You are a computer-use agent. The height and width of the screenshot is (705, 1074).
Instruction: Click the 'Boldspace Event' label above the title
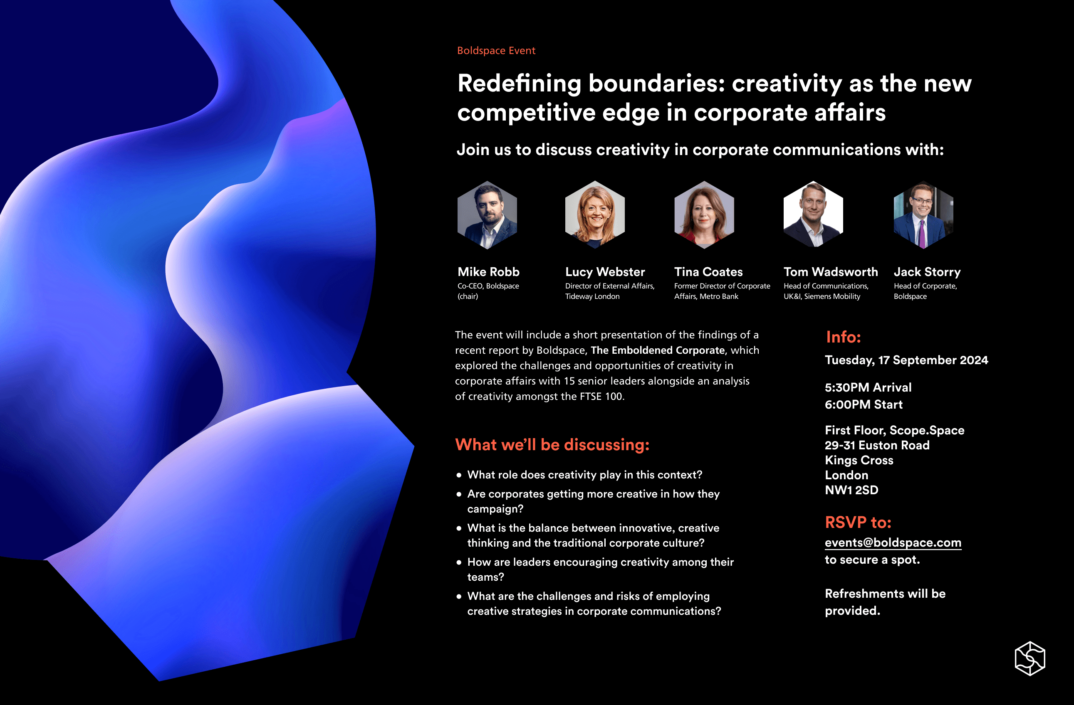pyautogui.click(x=496, y=51)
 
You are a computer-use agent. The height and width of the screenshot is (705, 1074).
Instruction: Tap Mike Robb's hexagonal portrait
pyautogui.click(x=487, y=215)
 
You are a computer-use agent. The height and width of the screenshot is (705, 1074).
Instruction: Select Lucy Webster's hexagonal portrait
pyautogui.click(x=595, y=215)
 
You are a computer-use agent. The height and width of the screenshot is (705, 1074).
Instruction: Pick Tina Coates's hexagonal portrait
pyautogui.click(x=704, y=215)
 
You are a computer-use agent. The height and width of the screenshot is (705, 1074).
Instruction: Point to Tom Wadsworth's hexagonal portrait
pyautogui.click(x=813, y=215)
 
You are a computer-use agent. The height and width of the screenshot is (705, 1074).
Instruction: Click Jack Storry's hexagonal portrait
pyautogui.click(x=923, y=215)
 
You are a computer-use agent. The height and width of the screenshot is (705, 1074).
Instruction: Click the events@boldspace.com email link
pyautogui.click(x=893, y=542)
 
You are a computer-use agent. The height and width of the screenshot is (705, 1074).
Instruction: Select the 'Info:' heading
pyautogui.click(x=843, y=337)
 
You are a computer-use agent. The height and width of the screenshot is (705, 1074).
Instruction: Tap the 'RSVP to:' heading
pyautogui.click(x=858, y=523)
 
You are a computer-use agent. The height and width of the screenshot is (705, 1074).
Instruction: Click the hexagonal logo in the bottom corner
pyautogui.click(x=1030, y=658)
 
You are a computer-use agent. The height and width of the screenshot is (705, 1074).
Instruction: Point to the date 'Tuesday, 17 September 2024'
pyautogui.click(x=906, y=360)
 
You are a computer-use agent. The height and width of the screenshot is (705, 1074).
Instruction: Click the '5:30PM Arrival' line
pyautogui.click(x=868, y=387)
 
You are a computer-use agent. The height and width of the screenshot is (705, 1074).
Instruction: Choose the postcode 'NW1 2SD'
pyautogui.click(x=851, y=490)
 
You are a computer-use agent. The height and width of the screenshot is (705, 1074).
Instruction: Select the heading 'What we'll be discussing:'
pyautogui.click(x=552, y=445)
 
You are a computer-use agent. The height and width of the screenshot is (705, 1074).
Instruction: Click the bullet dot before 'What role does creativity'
pyautogui.click(x=459, y=475)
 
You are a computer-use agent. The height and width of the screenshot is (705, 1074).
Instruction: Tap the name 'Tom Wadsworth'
pyautogui.click(x=830, y=272)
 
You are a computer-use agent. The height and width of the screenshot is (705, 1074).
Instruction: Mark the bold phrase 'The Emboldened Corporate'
pyautogui.click(x=657, y=350)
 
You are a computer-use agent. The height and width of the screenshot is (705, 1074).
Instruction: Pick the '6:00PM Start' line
pyautogui.click(x=863, y=404)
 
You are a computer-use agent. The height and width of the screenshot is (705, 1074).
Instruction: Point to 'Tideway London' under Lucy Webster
pyautogui.click(x=592, y=296)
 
